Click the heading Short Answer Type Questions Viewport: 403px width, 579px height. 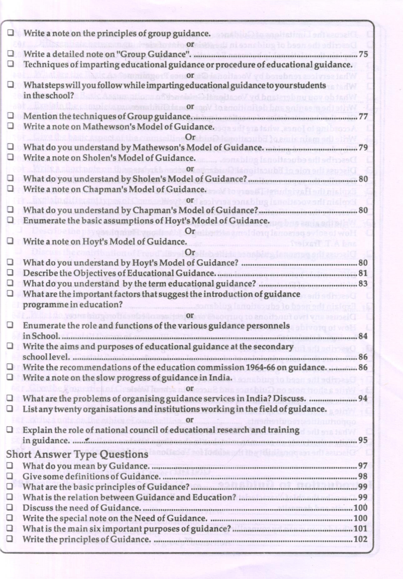coord(77,454)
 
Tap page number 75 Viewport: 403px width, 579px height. coord(363,54)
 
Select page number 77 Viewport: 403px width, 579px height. coord(363,116)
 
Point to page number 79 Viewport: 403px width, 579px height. coord(363,147)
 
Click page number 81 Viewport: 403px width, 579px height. coord(363,273)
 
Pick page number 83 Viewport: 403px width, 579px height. coord(363,284)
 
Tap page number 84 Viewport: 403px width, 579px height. coord(363,336)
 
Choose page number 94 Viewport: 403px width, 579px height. coord(363,398)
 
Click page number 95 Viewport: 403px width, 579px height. coord(363,440)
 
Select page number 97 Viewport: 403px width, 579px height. coord(363,466)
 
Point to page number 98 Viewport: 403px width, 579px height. coord(363,476)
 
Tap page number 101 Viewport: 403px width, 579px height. coord(361,528)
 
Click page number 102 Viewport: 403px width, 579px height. coord(361,539)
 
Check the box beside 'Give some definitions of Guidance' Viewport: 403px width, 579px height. coord(10,476)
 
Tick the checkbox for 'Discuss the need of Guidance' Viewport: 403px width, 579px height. coord(10,507)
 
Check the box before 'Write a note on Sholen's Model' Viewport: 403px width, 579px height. coord(11,158)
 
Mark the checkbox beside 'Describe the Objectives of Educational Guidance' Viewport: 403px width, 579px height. coord(10,273)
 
